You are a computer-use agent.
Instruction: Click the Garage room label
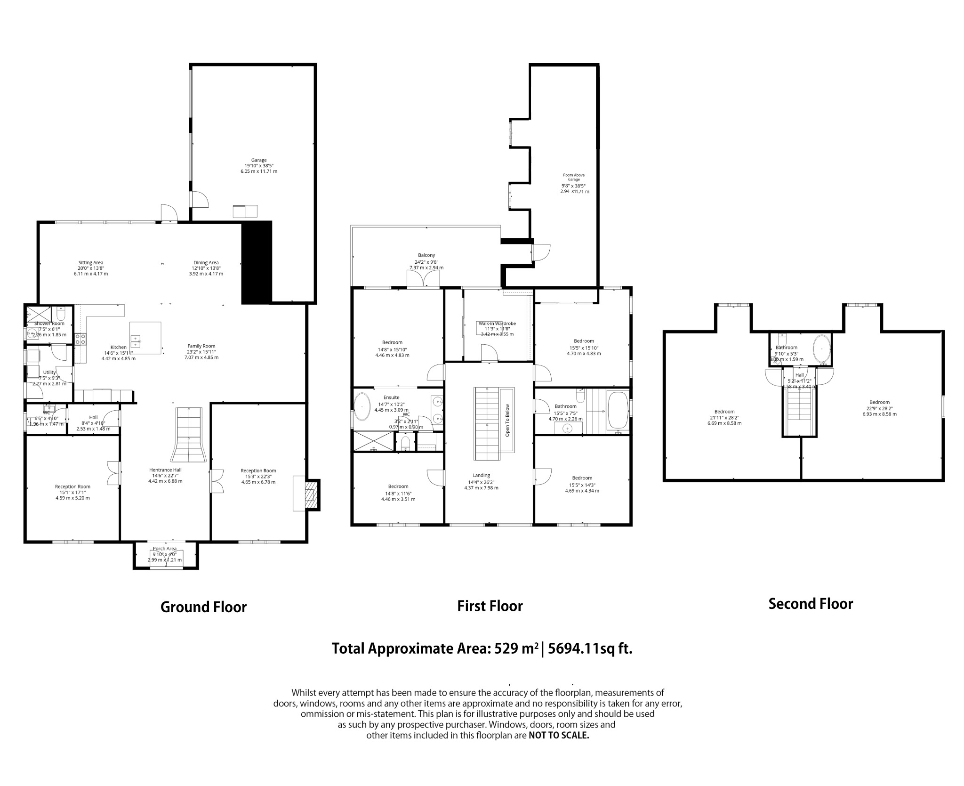(x=258, y=160)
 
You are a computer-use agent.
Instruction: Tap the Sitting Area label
(x=91, y=263)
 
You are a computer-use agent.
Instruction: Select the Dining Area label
(x=206, y=263)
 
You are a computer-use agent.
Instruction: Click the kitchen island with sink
(x=145, y=338)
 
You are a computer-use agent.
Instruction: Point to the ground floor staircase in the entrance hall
(x=188, y=436)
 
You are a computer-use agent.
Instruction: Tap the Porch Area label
(x=165, y=549)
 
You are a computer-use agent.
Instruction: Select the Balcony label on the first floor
(x=426, y=255)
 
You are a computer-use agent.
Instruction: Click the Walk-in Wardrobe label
(x=497, y=324)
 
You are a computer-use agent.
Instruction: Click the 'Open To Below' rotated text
(x=507, y=420)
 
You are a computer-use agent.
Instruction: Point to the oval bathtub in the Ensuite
(x=362, y=406)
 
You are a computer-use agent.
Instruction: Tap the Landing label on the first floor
(x=481, y=475)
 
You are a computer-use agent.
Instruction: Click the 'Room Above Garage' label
(x=574, y=177)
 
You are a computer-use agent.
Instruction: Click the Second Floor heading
(x=811, y=604)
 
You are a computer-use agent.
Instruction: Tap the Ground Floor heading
(x=203, y=607)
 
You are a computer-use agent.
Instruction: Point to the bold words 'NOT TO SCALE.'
(x=559, y=735)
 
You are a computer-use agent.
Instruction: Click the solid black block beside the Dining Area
(x=257, y=262)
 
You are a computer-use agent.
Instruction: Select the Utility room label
(x=49, y=372)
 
